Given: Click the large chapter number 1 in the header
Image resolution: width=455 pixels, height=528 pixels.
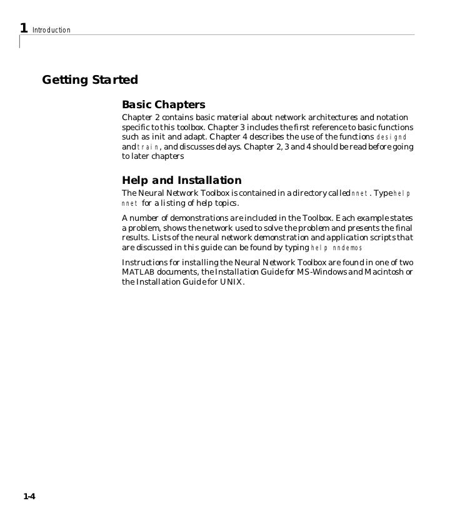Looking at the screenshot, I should tap(23, 28).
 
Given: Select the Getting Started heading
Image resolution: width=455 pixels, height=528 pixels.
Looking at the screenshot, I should tap(89, 81).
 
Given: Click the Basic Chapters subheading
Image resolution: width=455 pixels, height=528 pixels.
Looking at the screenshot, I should tap(163, 104).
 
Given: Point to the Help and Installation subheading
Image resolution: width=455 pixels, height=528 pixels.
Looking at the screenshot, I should tap(181, 180).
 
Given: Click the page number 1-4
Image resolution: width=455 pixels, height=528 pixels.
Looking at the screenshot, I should tap(29, 497).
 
